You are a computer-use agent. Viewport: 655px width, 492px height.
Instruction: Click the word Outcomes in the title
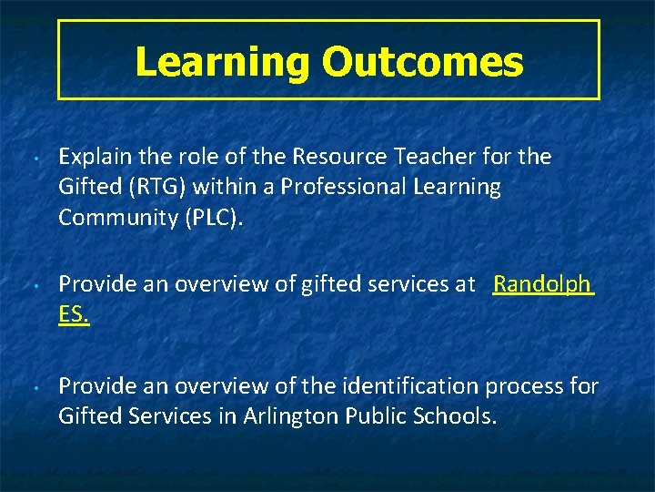(422, 62)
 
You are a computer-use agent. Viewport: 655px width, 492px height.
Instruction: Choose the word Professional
(346, 187)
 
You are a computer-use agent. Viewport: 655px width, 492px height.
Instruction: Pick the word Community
(114, 218)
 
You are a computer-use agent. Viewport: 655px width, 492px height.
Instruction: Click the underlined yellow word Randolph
(541, 285)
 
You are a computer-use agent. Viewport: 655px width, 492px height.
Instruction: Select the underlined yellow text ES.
(74, 315)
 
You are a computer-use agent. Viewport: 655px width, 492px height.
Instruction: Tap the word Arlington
(291, 416)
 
